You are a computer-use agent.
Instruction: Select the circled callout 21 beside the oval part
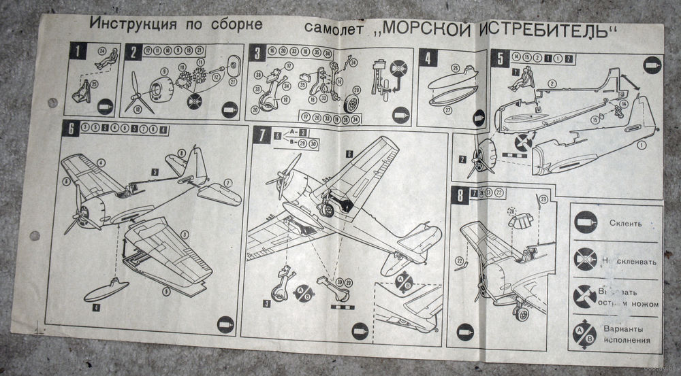(x=232, y=83)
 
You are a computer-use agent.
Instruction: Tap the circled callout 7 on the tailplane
(x=228, y=182)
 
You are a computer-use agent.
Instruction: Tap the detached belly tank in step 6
(x=106, y=291)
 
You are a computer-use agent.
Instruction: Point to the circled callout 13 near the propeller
(x=139, y=109)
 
